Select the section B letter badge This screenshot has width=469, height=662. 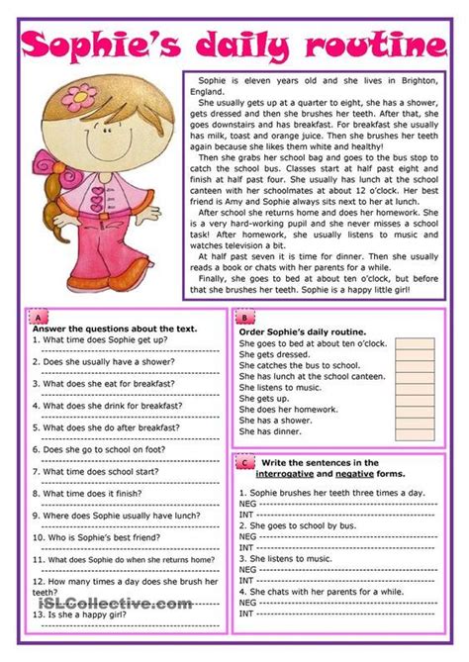coord(243,319)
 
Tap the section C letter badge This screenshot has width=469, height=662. coord(243,462)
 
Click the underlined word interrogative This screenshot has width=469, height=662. coord(278,475)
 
